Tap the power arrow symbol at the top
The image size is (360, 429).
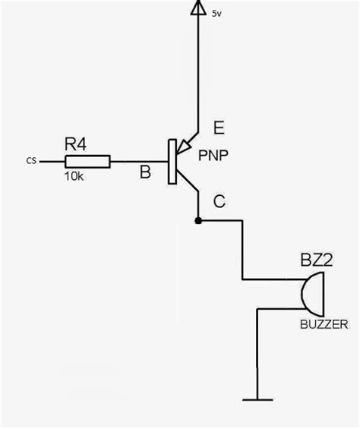(x=198, y=8)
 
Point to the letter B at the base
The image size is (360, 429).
(x=144, y=173)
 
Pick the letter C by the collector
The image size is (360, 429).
(x=219, y=201)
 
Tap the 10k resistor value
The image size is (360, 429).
(x=74, y=176)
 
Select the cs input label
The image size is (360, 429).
(x=30, y=161)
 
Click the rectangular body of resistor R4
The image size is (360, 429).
(x=88, y=161)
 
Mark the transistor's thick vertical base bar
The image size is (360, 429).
(x=172, y=161)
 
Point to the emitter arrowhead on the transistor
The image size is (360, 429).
(x=187, y=146)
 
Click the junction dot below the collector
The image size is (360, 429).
(x=198, y=221)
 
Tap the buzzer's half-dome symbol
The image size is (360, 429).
(x=312, y=294)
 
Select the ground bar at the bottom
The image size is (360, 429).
(x=258, y=399)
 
